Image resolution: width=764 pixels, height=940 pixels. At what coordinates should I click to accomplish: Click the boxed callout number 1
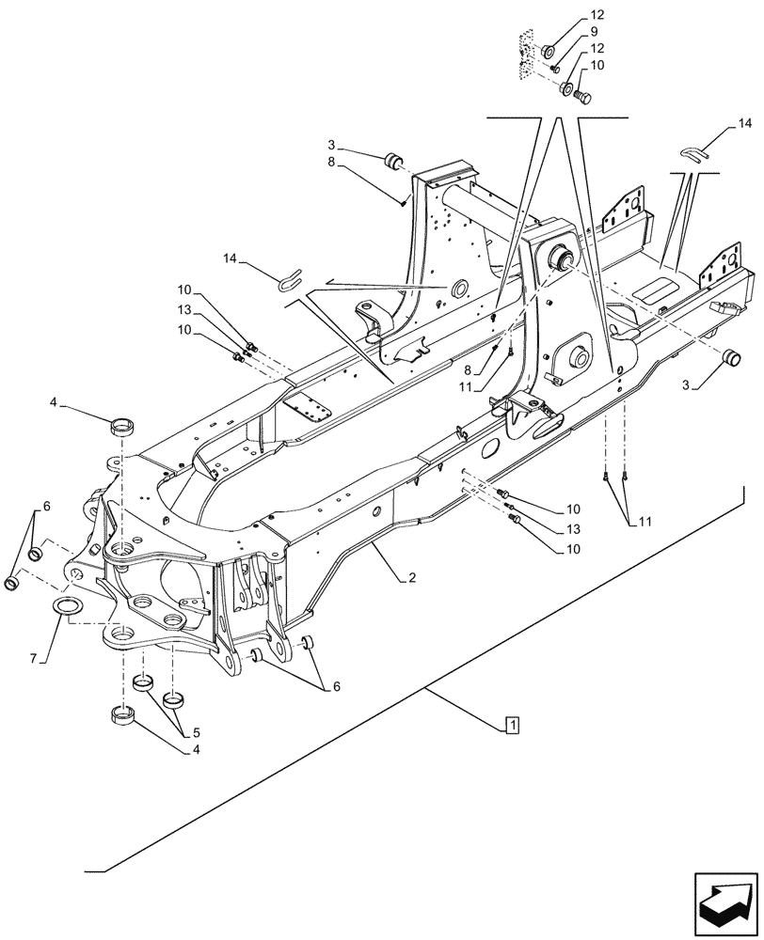(x=511, y=725)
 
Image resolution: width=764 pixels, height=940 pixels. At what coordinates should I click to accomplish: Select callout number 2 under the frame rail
(x=412, y=579)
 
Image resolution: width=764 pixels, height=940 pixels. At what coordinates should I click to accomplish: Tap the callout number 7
(x=33, y=657)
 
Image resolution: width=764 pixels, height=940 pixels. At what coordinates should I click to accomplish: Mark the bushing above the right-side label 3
(x=730, y=358)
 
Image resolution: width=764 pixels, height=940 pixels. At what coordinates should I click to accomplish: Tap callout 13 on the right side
(x=573, y=529)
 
